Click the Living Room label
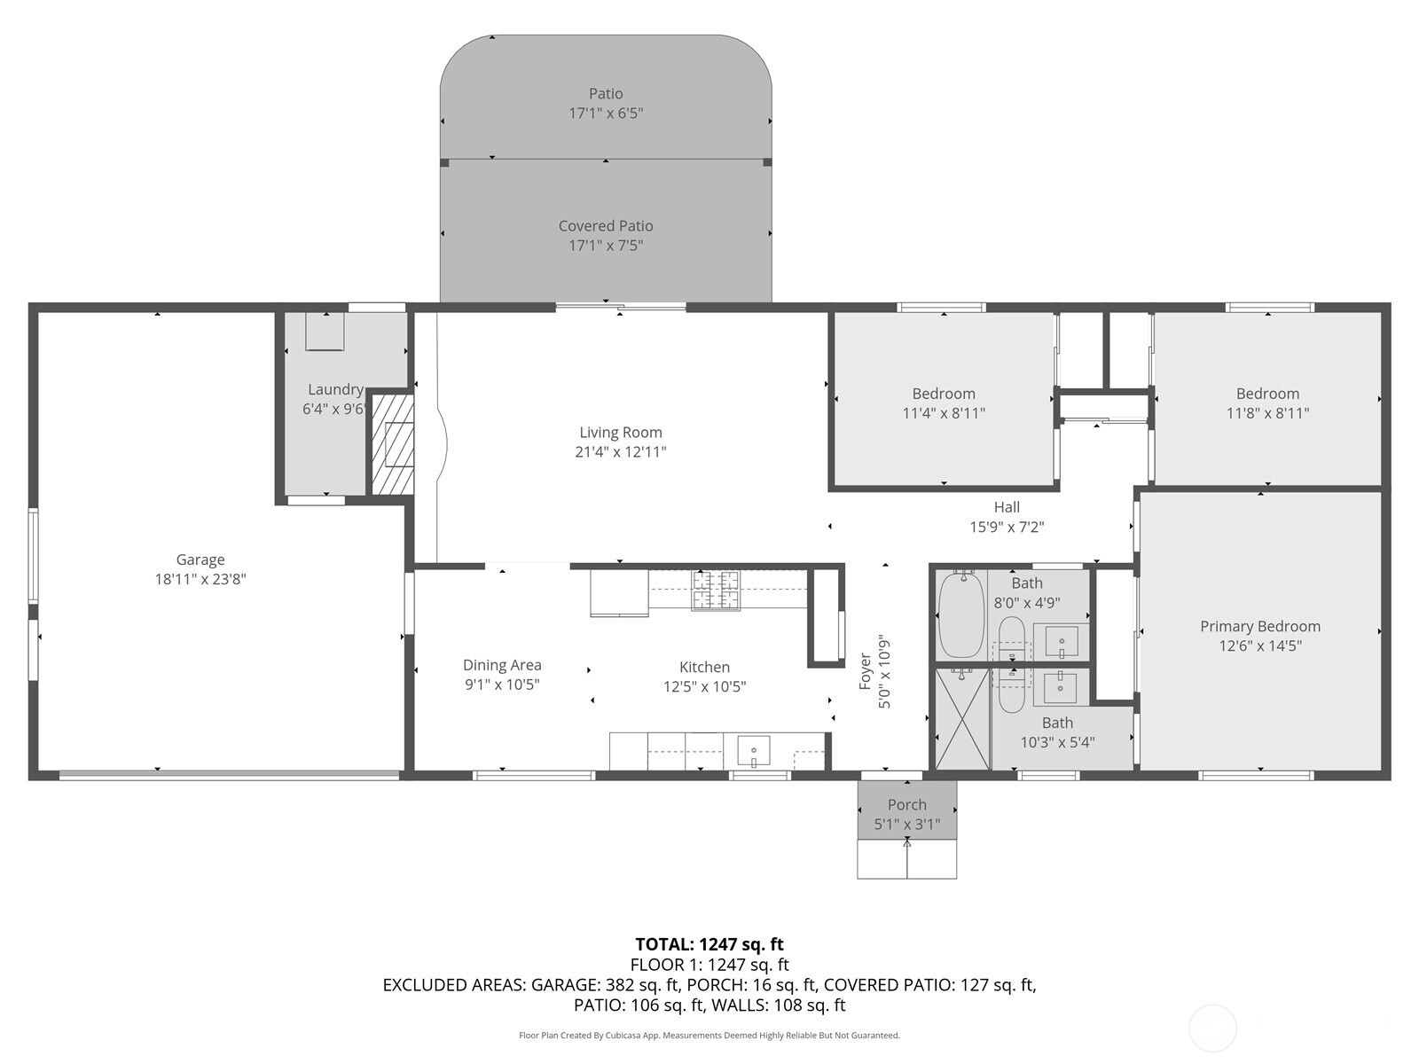click(621, 432)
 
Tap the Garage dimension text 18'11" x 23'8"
click(200, 579)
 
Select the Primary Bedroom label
click(1260, 626)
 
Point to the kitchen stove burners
click(717, 591)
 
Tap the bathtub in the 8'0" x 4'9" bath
click(961, 615)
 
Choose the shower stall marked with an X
click(962, 719)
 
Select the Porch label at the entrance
click(907, 804)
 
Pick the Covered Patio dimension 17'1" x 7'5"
click(606, 246)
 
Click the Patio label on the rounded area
click(606, 94)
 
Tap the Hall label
click(1007, 507)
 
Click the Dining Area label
click(502, 665)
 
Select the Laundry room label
click(335, 389)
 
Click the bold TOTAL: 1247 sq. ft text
click(709, 944)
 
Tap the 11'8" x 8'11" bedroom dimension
click(1267, 413)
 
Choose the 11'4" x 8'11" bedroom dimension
click(944, 413)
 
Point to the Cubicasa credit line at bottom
click(709, 1035)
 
